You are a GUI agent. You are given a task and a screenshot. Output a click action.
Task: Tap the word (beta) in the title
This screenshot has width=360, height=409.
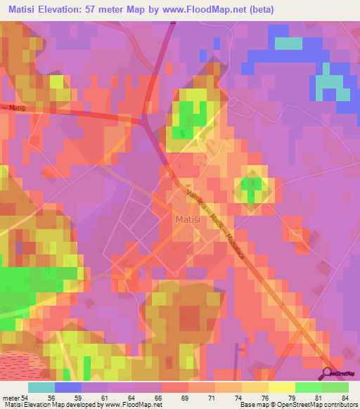(x=255, y=10)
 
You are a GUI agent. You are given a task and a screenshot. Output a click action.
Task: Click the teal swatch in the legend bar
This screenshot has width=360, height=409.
(x=41, y=387)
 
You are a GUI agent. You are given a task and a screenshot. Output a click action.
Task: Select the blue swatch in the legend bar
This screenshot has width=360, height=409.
(x=68, y=387)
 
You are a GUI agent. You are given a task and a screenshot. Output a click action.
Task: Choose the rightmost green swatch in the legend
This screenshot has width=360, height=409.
(x=335, y=387)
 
